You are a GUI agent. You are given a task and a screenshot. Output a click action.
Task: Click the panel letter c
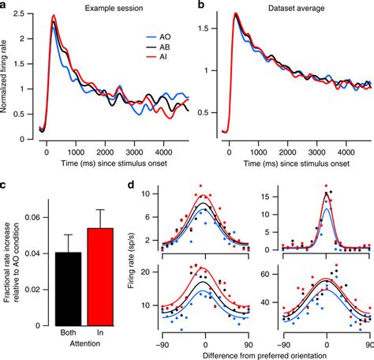pyautogui.click(x=5, y=187)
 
